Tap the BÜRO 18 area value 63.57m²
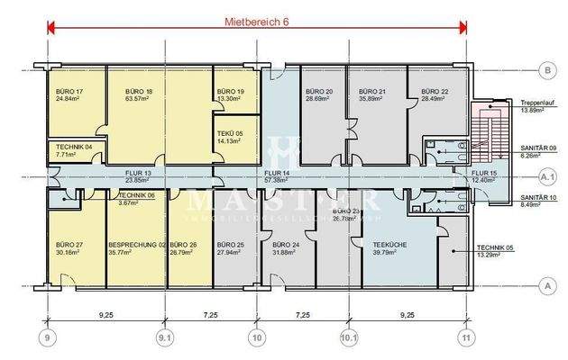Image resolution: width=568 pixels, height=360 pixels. (135, 99)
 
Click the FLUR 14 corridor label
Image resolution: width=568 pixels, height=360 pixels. (276, 171)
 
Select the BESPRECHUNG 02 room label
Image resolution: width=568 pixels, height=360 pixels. (136, 245)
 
